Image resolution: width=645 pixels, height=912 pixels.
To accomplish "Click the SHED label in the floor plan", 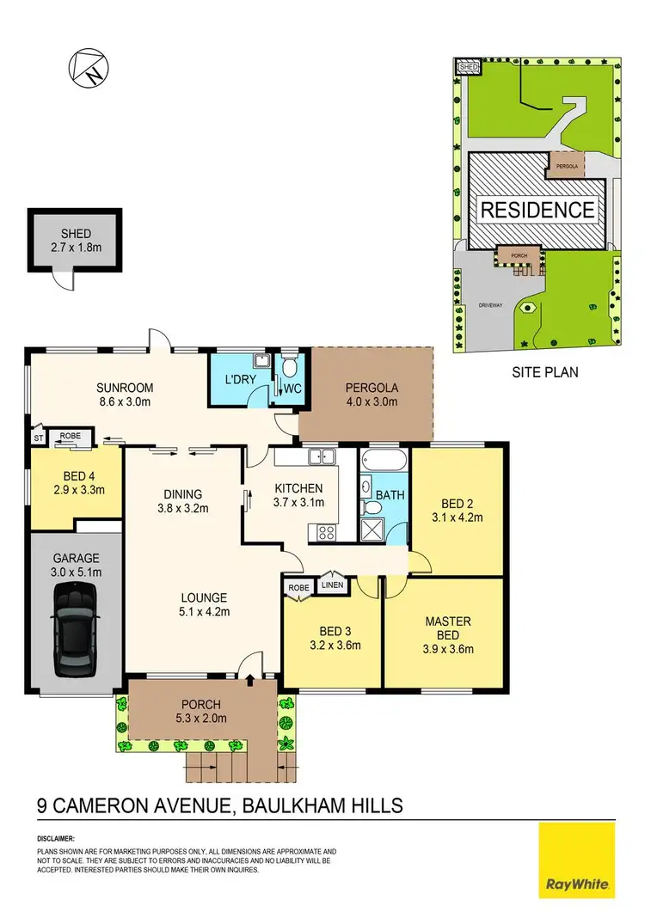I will [x=74, y=234].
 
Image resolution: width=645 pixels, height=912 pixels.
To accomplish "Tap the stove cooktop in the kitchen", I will [x=327, y=532].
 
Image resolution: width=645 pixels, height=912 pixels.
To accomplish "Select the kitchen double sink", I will [x=322, y=456].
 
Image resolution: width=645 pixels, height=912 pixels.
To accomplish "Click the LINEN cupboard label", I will [x=332, y=586].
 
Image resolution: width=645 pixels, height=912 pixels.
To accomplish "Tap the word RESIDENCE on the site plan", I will [x=537, y=210].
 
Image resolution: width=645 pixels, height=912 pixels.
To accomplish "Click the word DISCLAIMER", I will [x=55, y=837].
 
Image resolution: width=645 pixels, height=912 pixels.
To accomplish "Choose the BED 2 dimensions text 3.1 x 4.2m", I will [x=456, y=517].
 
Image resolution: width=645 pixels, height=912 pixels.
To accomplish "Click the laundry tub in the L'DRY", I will [x=260, y=362].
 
